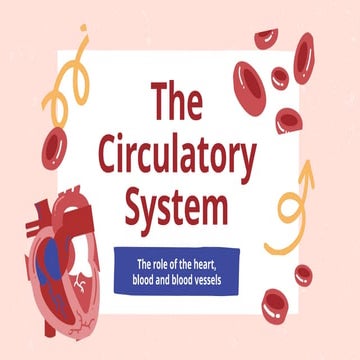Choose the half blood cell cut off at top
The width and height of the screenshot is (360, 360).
(265, 38)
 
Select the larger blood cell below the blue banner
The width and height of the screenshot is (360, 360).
(275, 306)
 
